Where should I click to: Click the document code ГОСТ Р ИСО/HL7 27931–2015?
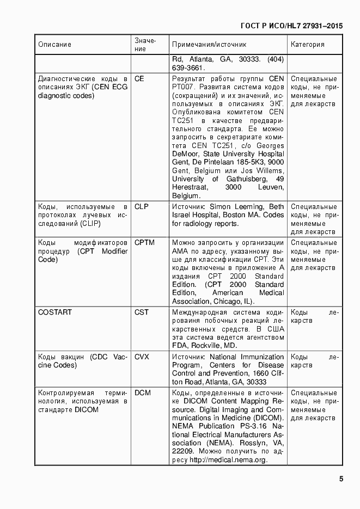coord(291,26)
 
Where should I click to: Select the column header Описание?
coord(54,45)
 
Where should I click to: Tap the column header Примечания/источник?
coord(209,45)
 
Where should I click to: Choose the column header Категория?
coord(308,45)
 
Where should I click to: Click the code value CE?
coord(139,78)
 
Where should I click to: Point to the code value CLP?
coord(141,207)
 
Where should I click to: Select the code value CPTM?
coord(144,243)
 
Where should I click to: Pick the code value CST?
coord(141,312)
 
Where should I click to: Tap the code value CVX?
coord(141,357)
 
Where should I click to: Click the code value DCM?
coord(142,393)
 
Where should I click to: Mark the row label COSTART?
coord(55,312)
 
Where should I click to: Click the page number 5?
coord(340,479)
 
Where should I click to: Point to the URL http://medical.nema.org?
coord(228,461)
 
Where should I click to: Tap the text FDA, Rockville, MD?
coord(204,346)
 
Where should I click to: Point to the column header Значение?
coord(145,45)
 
